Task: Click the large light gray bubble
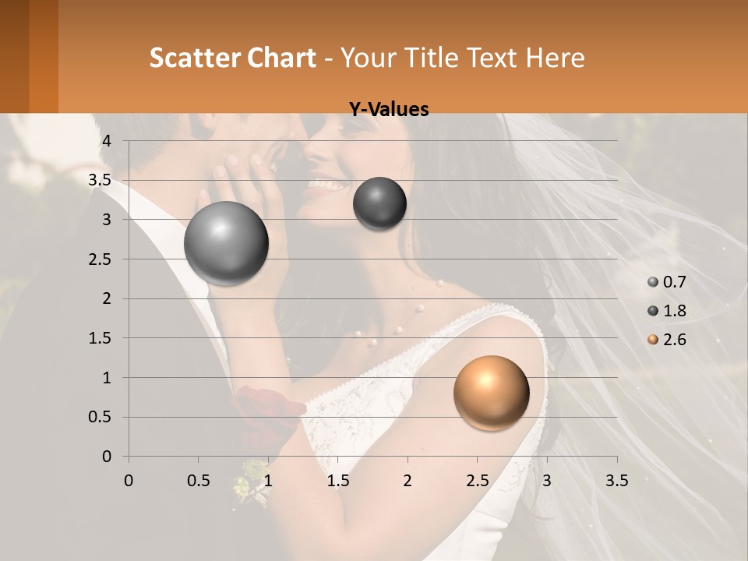coord(226,243)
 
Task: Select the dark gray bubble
coord(379,203)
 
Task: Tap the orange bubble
coord(491,393)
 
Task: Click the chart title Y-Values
coord(388,110)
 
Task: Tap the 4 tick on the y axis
coord(108,141)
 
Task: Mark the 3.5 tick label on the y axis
coord(101,181)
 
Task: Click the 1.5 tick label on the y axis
coord(101,338)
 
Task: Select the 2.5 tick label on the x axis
coord(477,481)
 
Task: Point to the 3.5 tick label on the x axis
coord(616,481)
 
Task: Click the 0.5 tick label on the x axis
coord(199,481)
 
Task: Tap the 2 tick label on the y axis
coord(108,298)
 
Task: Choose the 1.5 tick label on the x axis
coord(337,481)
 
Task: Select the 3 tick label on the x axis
coord(546,481)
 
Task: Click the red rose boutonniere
coord(260,405)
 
